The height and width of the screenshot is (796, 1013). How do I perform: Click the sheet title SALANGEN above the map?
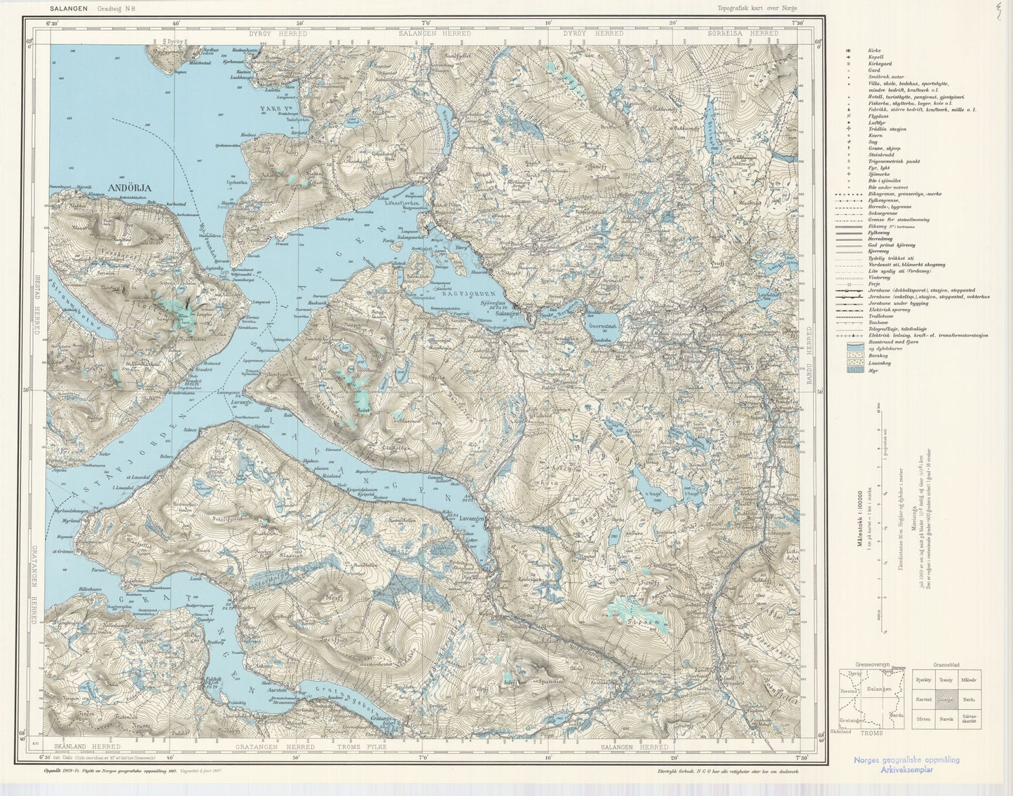point(69,9)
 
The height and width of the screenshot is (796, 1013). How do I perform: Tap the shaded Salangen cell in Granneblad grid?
point(946,699)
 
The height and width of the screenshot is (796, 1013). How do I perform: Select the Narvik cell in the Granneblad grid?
point(946,718)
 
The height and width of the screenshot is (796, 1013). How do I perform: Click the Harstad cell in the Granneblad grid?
point(923,699)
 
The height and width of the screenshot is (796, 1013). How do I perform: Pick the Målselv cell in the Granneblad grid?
point(969,680)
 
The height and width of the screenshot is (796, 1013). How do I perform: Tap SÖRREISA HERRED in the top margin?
point(753,33)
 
